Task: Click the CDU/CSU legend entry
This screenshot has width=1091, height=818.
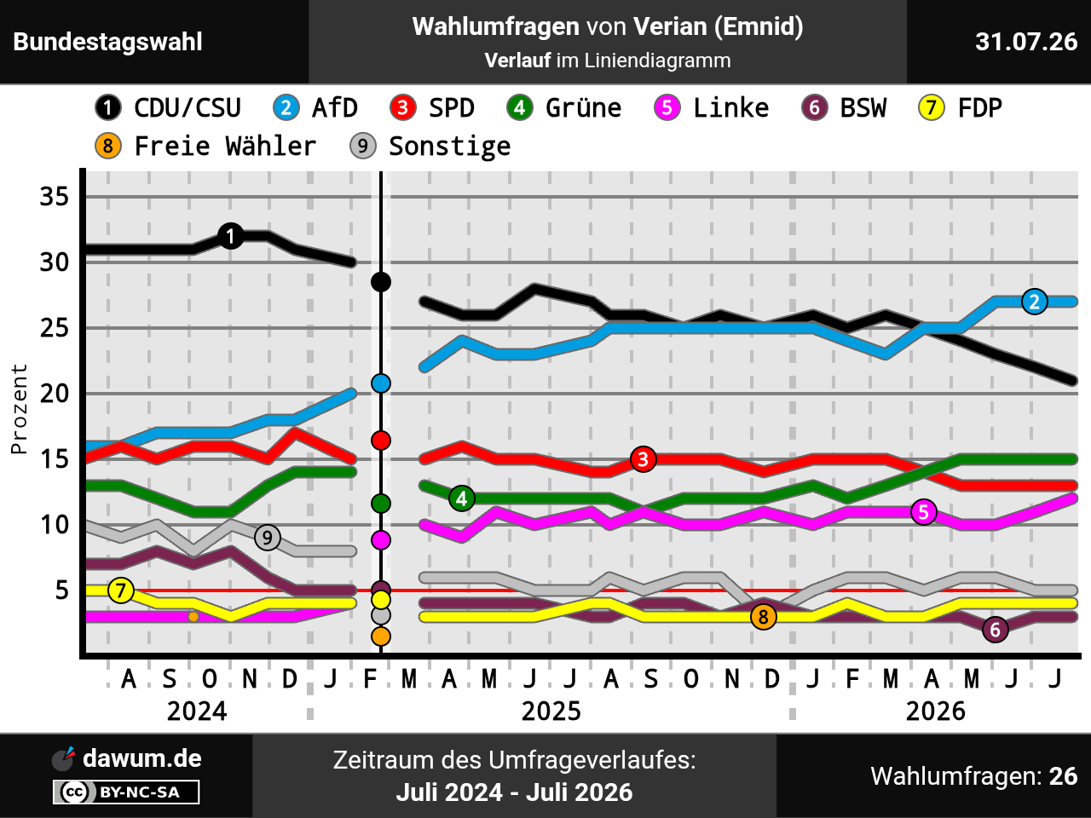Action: point(168,107)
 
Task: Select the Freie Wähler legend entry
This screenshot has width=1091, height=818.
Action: point(205,147)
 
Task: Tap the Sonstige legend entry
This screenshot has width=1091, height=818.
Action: point(430,147)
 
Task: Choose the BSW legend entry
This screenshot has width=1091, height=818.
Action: point(844,107)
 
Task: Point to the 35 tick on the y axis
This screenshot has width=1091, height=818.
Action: point(55,197)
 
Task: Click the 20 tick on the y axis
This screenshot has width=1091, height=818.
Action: point(55,394)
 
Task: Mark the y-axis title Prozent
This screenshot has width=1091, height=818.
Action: point(19,409)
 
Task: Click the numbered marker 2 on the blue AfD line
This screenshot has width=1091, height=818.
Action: point(1035,302)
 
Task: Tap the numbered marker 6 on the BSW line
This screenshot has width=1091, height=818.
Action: point(995,630)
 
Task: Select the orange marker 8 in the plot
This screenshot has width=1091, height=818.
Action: point(764,617)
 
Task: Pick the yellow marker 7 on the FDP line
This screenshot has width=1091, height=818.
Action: point(121,590)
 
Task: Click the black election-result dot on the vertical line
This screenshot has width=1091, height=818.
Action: point(381,282)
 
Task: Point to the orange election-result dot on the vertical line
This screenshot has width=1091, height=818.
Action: point(381,637)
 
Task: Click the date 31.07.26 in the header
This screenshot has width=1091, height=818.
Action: point(1026,42)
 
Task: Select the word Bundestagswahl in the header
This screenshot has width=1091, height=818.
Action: point(107,42)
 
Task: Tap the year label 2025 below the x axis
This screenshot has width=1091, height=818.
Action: point(551,711)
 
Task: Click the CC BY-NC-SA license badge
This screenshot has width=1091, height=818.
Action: point(126,792)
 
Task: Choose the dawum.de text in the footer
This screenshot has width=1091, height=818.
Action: point(142,758)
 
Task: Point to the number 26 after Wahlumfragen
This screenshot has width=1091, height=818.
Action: point(1063,776)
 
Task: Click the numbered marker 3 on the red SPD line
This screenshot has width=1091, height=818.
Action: point(644,459)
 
